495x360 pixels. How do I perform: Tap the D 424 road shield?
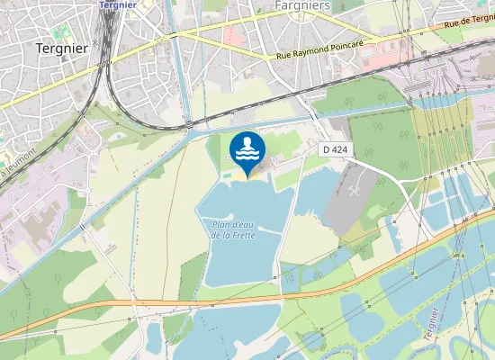[x=337, y=149]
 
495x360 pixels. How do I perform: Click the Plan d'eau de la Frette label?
[x=233, y=229]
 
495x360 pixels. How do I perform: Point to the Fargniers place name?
[x=300, y=5]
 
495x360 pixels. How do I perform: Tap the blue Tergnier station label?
[x=118, y=4]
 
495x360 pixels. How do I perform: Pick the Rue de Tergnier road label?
[x=469, y=22]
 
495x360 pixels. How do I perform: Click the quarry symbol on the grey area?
[x=358, y=193]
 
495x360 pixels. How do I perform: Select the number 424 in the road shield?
[x=341, y=149]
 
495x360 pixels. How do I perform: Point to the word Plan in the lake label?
[x=221, y=225]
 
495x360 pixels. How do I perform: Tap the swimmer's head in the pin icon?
[x=247, y=141]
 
